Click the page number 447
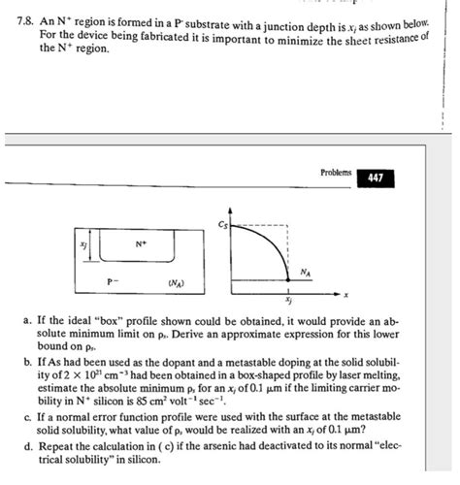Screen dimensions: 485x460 point(376,178)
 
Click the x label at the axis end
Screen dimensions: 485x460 point(346,295)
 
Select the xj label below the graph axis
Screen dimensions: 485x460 point(288,302)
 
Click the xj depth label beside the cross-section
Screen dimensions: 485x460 point(82,246)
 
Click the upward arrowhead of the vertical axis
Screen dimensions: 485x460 point(230,210)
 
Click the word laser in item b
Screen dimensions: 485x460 point(322,372)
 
